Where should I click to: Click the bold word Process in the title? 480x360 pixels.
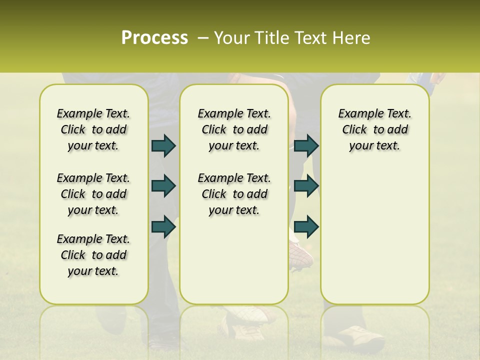[x=154, y=38]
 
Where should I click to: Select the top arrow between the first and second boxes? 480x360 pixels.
[x=163, y=145]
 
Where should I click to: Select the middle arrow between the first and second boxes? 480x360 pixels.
[x=163, y=186]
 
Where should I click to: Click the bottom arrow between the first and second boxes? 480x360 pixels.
[x=163, y=226]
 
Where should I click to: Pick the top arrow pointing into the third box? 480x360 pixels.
[x=306, y=145]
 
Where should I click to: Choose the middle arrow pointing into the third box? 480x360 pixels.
[x=306, y=186]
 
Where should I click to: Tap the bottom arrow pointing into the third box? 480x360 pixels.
[x=306, y=226]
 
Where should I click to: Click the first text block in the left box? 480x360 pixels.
[x=93, y=129]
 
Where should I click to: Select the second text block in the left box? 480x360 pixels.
[x=93, y=194]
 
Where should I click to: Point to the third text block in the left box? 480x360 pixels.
[x=93, y=255]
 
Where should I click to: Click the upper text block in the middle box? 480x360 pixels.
[x=234, y=129]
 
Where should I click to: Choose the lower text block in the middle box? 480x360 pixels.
[x=234, y=194]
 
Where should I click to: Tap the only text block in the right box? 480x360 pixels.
[x=374, y=129]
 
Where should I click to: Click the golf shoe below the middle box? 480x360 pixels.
[x=245, y=322]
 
